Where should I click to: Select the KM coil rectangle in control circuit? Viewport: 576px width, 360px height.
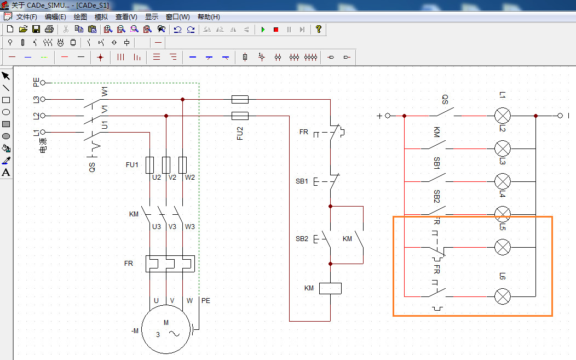pos(330,288)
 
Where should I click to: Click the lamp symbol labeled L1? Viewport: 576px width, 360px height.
pos(503,116)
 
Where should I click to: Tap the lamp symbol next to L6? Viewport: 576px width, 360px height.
pos(503,296)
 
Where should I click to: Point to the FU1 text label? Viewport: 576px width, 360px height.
pos(133,164)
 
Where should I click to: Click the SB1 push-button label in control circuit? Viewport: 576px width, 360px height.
pos(302,181)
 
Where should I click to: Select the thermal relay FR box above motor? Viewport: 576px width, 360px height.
pos(170,264)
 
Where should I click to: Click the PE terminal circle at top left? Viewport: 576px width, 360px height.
pos(43,83)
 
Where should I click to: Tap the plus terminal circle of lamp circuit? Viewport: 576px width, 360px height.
pos(388,116)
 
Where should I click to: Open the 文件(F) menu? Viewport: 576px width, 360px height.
pos(26,17)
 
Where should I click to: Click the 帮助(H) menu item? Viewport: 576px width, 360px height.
pos(209,17)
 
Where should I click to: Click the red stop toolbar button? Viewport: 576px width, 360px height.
pos(276,29)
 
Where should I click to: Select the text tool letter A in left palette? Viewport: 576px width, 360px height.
pos(6,173)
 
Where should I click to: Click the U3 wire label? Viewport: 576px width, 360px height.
pos(157,226)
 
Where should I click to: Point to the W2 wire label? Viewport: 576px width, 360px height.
pos(189,177)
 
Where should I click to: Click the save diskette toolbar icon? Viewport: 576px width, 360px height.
pos(36,29)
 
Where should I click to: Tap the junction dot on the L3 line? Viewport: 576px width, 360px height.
pos(182,99)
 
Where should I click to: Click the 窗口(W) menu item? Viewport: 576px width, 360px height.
pos(177,17)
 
